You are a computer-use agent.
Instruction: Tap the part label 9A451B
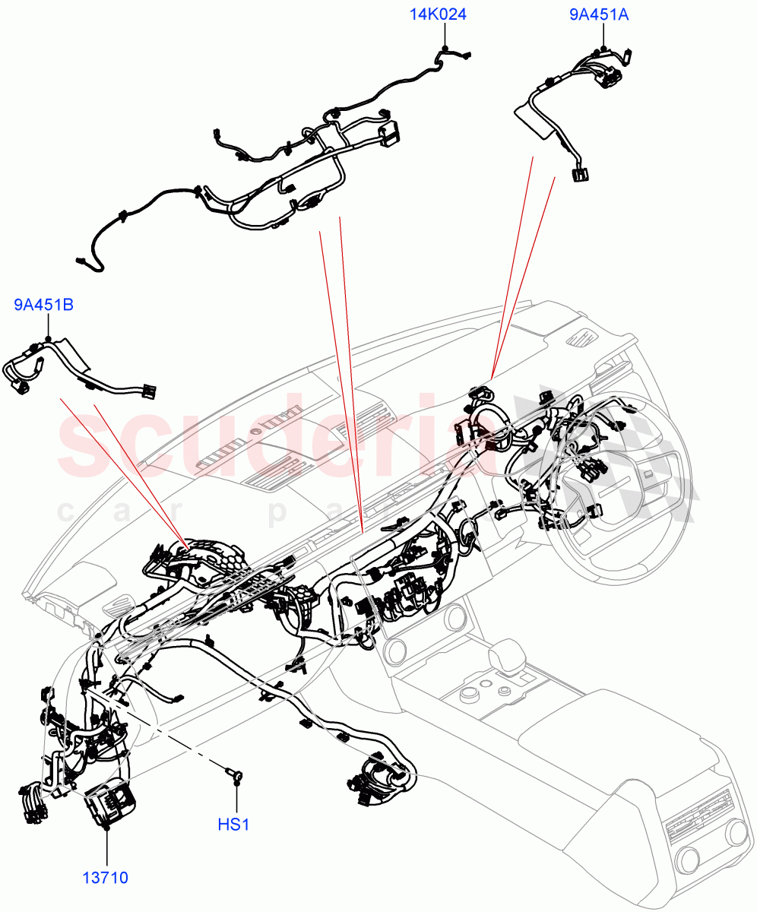[x=43, y=306]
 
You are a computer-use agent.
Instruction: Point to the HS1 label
[x=235, y=825]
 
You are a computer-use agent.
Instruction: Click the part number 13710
[x=106, y=879]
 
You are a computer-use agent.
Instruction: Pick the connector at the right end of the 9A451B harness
[x=149, y=392]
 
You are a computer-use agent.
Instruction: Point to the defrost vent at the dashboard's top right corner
[x=584, y=337]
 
